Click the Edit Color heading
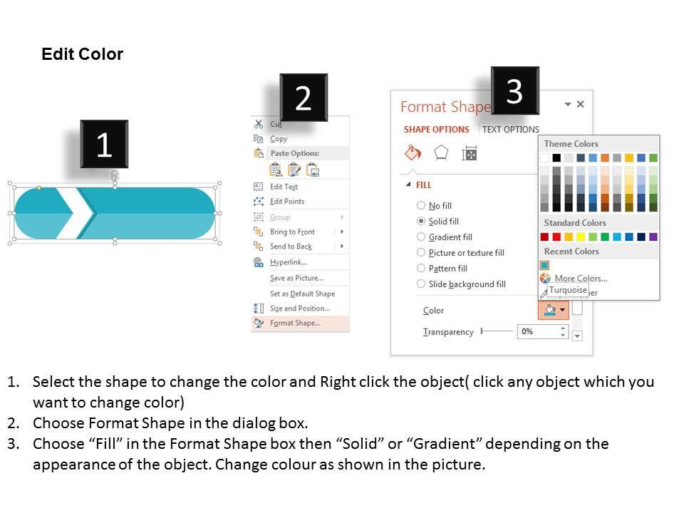point(82,54)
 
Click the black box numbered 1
point(104,144)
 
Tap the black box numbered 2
point(304,98)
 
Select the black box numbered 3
point(514,90)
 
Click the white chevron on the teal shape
point(76,213)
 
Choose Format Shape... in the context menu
point(295,323)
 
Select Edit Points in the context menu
point(287,201)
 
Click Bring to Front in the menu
point(292,232)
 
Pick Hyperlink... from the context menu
point(289,262)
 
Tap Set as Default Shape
point(302,294)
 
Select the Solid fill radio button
point(421,221)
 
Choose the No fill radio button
point(421,205)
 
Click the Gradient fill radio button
point(421,237)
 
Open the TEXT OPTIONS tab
point(510,130)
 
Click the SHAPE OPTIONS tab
point(436,130)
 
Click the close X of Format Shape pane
point(580,104)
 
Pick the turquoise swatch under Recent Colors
point(544,265)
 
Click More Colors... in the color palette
point(581,279)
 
